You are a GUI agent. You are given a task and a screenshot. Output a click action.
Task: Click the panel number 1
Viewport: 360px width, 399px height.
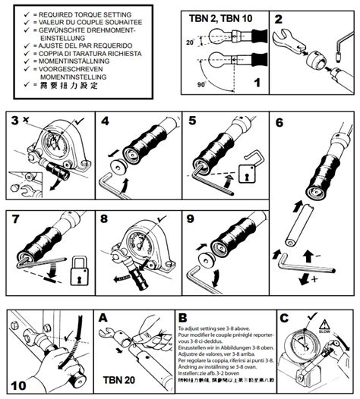257,97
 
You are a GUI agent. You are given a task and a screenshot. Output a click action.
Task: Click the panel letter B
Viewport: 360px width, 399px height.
183,319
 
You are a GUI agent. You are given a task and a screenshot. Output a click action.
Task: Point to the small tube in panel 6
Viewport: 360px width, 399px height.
294,224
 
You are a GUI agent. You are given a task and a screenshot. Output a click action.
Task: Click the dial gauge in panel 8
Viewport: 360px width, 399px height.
140,234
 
